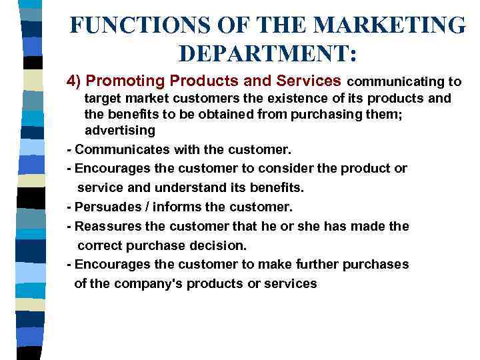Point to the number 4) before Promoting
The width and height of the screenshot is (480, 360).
[74, 81]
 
